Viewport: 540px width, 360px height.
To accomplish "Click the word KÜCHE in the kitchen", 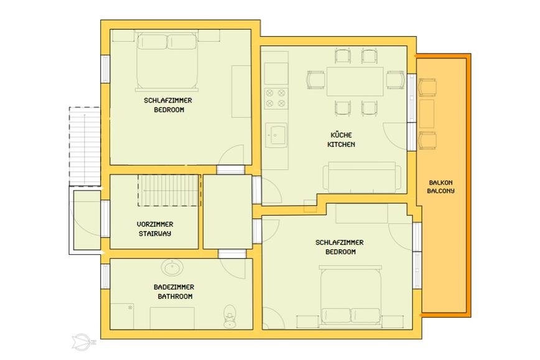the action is coord(341,134).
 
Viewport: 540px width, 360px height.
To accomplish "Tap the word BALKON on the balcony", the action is coord(440,182).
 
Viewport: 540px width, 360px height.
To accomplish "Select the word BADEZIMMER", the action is coord(174,287).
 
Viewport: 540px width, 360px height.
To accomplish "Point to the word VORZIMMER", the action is coord(155,224).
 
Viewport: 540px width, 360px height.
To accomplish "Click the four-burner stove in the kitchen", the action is coord(276,98).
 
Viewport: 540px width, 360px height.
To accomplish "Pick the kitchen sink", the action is coord(276,136).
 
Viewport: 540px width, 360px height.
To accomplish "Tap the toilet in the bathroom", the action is coord(229,316).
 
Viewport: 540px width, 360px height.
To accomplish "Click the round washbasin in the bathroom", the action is coord(172,267).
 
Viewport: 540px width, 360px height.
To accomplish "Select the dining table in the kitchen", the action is coord(355,81).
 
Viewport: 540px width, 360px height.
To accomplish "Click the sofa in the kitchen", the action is coord(361,177).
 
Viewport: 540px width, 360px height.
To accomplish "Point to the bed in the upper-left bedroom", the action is coord(167,62).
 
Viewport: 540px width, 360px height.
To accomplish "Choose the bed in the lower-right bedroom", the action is coord(351,297).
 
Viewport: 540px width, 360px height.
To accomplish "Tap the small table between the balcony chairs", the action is coord(427,114).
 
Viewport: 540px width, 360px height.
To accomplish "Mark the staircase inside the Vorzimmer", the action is coord(169,190).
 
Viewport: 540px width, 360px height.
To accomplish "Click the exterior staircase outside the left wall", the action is coord(85,147).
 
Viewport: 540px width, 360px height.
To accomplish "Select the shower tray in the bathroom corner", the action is coord(121,316).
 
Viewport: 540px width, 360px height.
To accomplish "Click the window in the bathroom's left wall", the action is coord(105,276).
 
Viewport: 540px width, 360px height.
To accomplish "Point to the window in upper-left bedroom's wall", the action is coord(105,69).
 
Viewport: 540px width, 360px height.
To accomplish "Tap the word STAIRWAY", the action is coord(155,234).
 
